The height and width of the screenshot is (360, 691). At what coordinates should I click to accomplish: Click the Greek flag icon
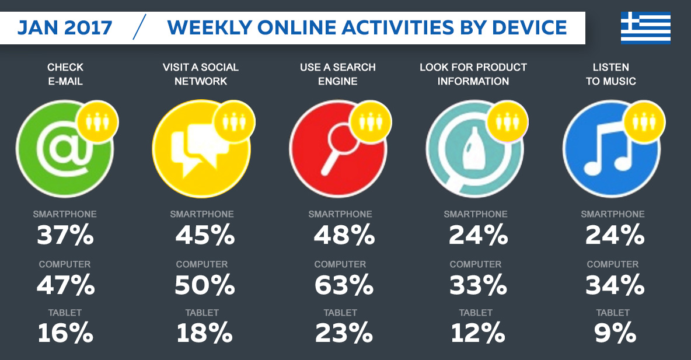(645, 27)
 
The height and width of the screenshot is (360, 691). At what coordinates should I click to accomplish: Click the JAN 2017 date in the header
(65, 27)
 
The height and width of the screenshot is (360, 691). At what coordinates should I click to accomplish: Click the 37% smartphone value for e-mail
(65, 236)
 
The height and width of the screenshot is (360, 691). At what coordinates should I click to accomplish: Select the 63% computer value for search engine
(343, 285)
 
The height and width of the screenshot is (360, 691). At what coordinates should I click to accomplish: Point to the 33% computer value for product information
(478, 285)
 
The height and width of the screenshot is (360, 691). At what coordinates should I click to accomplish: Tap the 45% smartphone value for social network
(205, 236)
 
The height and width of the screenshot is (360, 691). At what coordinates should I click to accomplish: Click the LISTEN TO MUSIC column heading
(611, 74)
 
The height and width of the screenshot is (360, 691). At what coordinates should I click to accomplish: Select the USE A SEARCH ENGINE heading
(338, 74)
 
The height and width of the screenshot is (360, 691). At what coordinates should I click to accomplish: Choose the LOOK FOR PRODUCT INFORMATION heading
(473, 74)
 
